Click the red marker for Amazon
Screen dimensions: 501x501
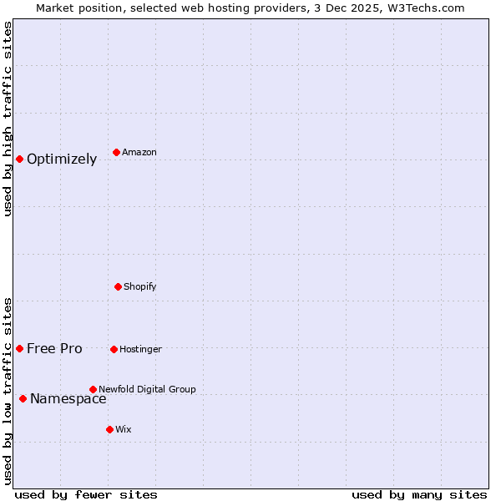click(x=116, y=152)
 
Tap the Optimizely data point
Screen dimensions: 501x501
click(x=19, y=159)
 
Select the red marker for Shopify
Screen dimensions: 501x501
click(x=118, y=286)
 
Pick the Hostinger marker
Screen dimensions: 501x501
click(x=114, y=349)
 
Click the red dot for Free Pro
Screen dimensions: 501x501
click(x=19, y=348)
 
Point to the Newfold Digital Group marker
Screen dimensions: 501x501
click(x=93, y=389)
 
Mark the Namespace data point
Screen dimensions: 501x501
click(x=23, y=398)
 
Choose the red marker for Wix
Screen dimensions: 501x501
click(x=109, y=429)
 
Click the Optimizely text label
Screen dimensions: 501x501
click(x=62, y=159)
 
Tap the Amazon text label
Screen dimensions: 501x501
click(x=139, y=153)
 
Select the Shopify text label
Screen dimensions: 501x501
click(x=140, y=287)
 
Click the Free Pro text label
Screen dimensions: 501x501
click(x=54, y=349)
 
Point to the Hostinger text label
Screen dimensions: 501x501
click(x=140, y=350)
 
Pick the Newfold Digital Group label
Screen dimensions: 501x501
click(x=147, y=390)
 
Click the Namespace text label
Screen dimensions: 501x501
click(x=68, y=399)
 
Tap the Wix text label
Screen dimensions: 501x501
click(x=124, y=430)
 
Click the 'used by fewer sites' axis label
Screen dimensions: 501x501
click(x=86, y=494)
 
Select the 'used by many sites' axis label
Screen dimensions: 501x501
click(x=419, y=494)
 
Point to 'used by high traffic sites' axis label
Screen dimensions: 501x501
click(x=8, y=119)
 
